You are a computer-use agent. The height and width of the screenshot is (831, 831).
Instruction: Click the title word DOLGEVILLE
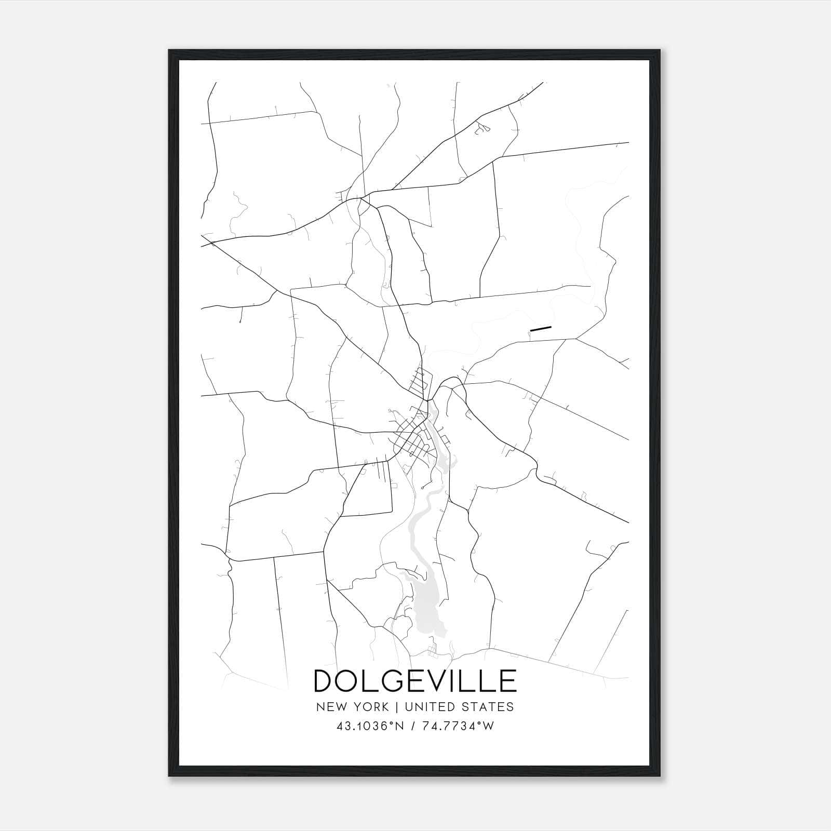pos(415,681)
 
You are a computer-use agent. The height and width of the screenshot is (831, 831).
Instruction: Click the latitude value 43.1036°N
pos(370,727)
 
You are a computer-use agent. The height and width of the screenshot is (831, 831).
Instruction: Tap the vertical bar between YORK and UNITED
pos(396,707)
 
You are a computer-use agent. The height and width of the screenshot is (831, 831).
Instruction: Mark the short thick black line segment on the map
pos(540,328)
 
